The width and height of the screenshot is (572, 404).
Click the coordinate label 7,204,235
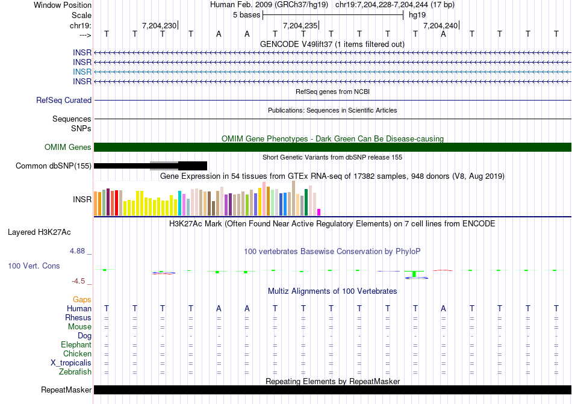[x=300, y=25]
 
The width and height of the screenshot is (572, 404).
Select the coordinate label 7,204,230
[x=160, y=25]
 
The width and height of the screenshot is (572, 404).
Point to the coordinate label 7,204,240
[x=440, y=25]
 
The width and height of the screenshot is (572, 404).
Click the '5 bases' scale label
[x=246, y=14]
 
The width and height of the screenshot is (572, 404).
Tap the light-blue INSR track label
[x=82, y=72]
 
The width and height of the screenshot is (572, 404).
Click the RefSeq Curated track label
[x=64, y=101]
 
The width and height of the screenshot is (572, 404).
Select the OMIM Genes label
[x=68, y=148]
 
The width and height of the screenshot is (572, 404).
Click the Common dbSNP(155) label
[x=54, y=166]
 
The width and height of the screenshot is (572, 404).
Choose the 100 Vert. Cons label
[x=34, y=266]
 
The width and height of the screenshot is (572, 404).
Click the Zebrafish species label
[x=75, y=372]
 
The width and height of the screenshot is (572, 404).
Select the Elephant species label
[x=76, y=345]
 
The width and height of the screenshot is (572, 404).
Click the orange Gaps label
[x=82, y=299]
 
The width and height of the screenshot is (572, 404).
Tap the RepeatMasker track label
[x=66, y=390]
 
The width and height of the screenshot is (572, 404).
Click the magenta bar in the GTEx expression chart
[x=319, y=212]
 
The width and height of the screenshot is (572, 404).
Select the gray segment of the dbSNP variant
[x=164, y=166]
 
